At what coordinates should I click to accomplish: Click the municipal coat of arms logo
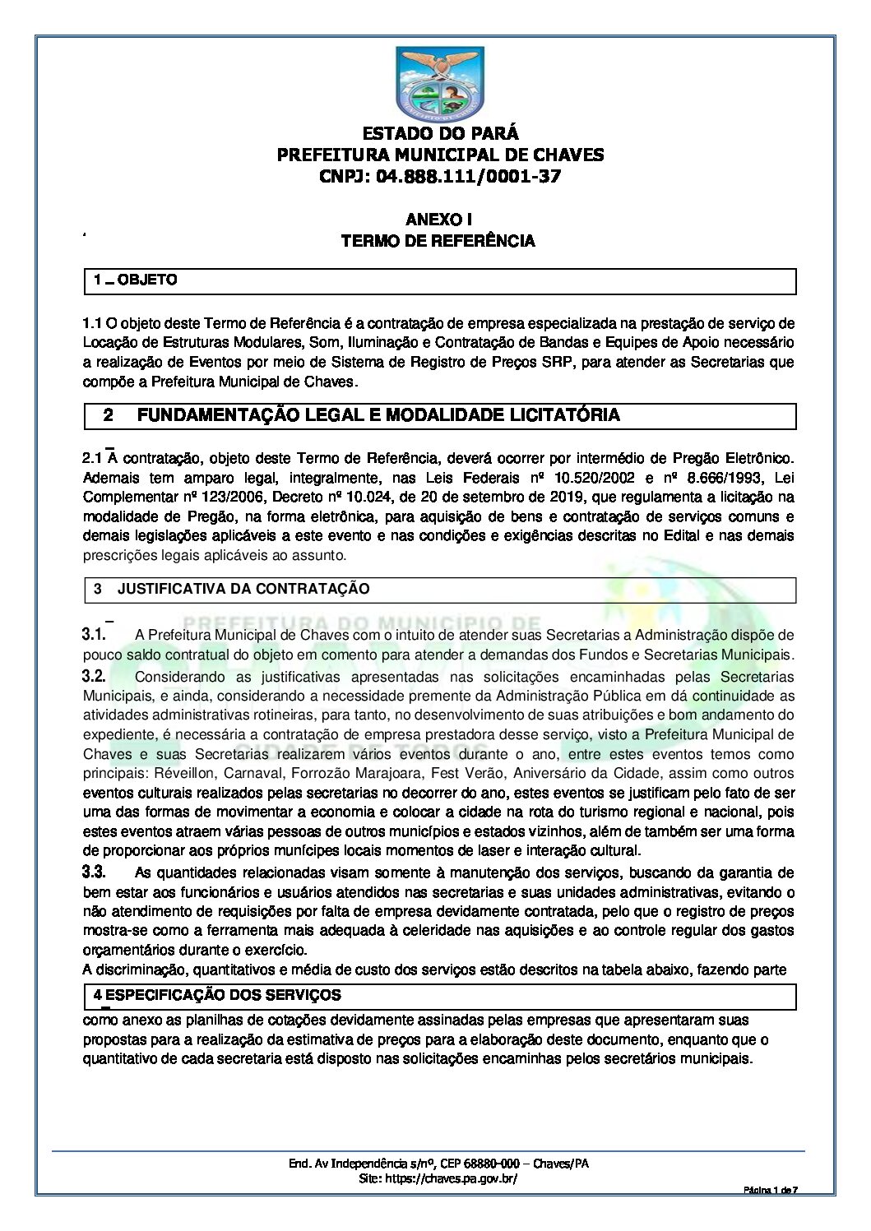click(x=440, y=83)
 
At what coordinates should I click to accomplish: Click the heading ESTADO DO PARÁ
click(x=440, y=133)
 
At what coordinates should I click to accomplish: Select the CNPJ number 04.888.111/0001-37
click(x=469, y=176)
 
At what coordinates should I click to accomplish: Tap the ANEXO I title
click(x=438, y=220)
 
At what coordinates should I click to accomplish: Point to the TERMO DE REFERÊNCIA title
click(x=438, y=241)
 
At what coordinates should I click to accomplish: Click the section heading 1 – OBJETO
click(x=135, y=280)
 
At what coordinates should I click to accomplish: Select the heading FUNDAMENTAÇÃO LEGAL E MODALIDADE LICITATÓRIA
click(x=378, y=415)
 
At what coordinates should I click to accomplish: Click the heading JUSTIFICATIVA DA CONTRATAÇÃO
click(x=243, y=589)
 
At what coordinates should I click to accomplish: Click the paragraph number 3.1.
click(x=94, y=635)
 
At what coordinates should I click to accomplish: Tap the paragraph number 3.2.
click(x=94, y=677)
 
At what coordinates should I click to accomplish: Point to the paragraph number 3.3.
click(x=94, y=872)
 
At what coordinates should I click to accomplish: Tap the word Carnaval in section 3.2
click(x=252, y=774)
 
